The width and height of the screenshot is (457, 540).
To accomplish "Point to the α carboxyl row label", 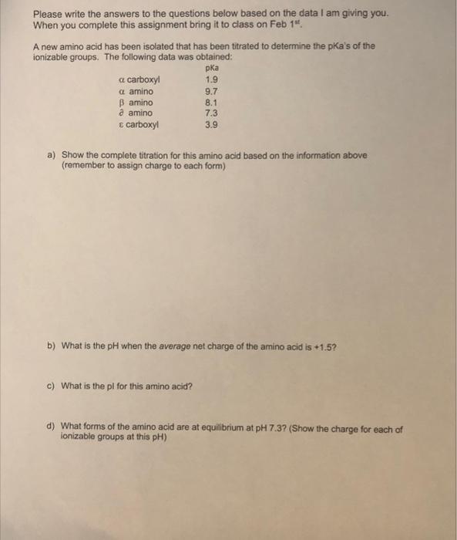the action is click(143, 79).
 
